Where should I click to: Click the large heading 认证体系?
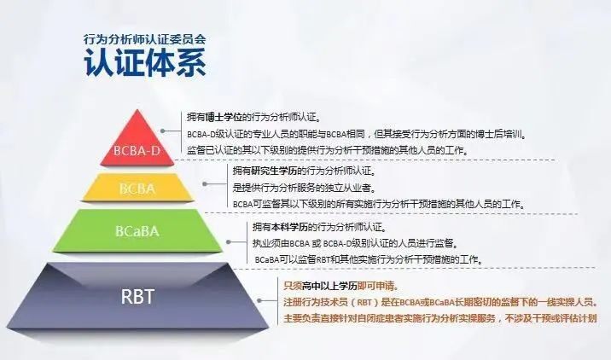click(144, 62)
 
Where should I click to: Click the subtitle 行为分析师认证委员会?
click(144, 39)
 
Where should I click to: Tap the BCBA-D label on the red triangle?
click(137, 150)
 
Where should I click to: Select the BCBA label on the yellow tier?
click(137, 189)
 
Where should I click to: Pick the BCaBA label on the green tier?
click(137, 231)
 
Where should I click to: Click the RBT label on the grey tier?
click(137, 297)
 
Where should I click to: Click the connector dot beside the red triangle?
click(163, 131)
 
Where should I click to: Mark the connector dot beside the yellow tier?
click(205, 184)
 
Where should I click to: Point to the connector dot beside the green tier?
click(229, 242)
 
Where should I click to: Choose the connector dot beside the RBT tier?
click(259, 301)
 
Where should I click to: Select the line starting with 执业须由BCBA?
click(355, 243)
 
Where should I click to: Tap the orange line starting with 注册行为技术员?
click(440, 302)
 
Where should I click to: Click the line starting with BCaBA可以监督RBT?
click(369, 259)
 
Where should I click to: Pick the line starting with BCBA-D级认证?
click(357, 135)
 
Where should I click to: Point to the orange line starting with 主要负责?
click(440, 318)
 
